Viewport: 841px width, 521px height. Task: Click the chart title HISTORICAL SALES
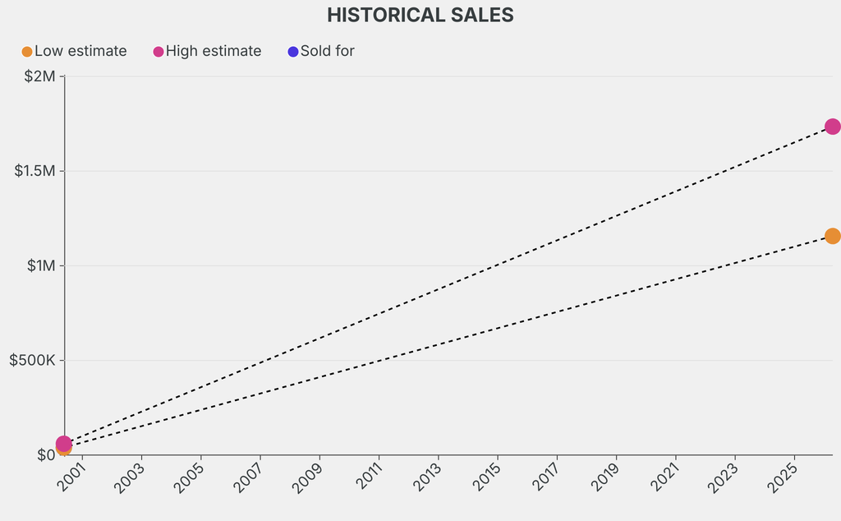(420, 15)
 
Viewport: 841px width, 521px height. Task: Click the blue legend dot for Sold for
(293, 52)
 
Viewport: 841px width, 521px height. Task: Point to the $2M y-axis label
(39, 76)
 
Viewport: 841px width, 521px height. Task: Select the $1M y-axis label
(39, 265)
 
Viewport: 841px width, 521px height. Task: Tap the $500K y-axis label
(31, 360)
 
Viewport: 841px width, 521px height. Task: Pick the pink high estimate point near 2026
(832, 127)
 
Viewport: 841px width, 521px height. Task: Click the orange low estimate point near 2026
(832, 236)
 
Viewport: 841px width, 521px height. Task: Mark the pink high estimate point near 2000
(63, 444)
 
